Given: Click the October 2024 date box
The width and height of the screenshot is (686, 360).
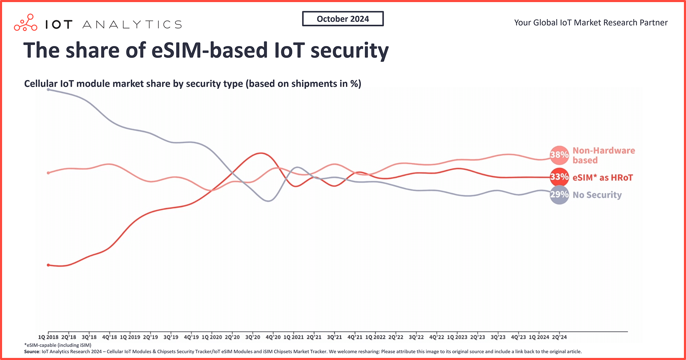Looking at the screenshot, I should (x=343, y=19).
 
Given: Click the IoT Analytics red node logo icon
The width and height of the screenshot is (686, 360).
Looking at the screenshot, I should (x=26, y=23).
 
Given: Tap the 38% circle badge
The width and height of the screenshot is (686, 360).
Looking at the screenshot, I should (x=559, y=155).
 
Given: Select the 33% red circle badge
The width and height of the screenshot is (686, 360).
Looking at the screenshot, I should (x=559, y=177).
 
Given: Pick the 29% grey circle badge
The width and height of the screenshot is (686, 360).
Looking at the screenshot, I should (x=559, y=195).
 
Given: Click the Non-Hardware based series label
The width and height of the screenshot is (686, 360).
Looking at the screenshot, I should (x=603, y=155).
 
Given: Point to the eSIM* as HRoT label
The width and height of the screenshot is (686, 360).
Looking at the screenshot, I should (x=602, y=177).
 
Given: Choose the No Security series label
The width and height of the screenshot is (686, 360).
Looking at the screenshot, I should (x=597, y=195).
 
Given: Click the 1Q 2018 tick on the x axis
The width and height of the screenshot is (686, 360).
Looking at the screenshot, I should (x=48, y=337).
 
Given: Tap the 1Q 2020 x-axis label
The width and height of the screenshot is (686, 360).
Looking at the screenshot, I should (x=212, y=337).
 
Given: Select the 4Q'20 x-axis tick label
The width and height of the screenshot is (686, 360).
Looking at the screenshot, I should (x=273, y=337).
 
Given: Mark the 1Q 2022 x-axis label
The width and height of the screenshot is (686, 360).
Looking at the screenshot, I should (x=376, y=337).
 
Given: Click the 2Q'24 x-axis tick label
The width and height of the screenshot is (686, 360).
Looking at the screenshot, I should (x=560, y=337).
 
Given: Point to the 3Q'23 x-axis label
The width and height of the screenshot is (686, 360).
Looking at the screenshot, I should (x=498, y=337).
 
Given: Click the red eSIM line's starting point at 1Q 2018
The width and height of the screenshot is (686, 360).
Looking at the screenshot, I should (x=48, y=265).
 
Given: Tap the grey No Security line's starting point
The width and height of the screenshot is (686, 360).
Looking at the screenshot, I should (x=48, y=90).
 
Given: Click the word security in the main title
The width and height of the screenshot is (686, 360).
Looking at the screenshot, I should (x=349, y=51).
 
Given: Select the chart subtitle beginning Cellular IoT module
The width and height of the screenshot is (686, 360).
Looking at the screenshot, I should (x=193, y=84).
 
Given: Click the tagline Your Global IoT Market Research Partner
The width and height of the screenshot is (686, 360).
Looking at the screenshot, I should (x=591, y=23).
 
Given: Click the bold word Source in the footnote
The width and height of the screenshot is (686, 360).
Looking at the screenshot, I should (x=31, y=352).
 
